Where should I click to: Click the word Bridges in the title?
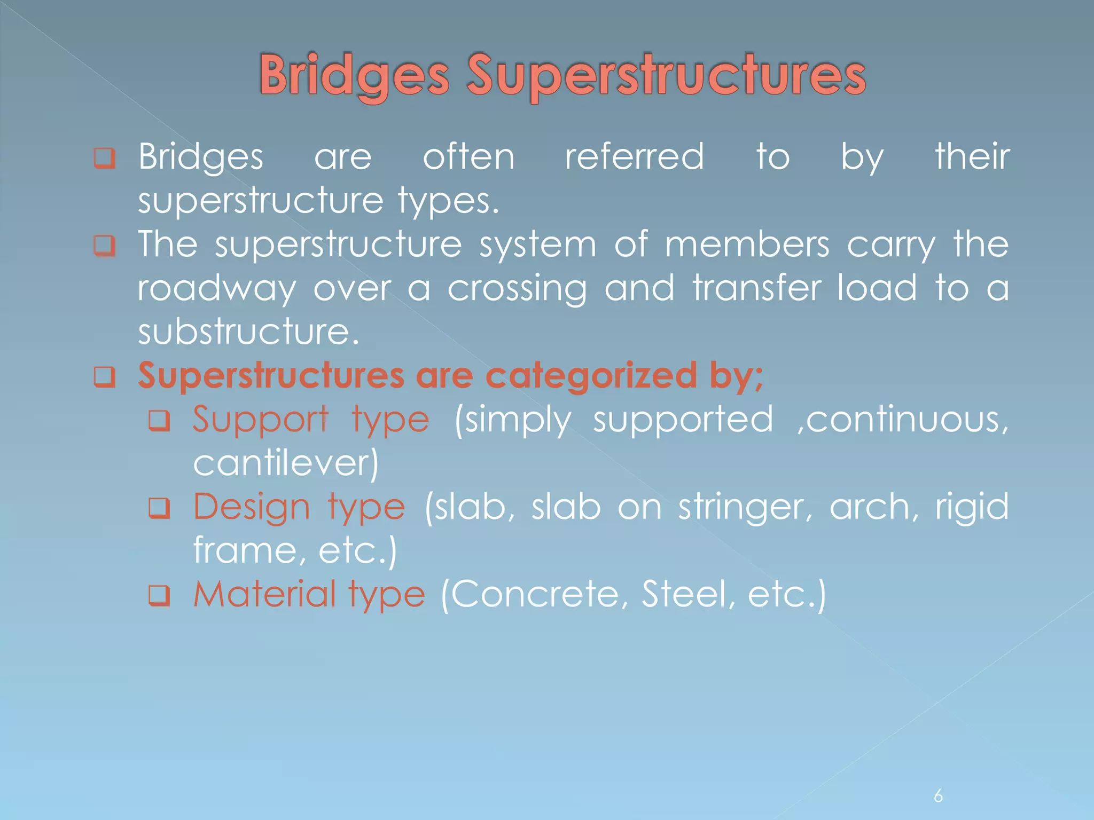coord(354,76)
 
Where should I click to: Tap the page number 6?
coord(938,795)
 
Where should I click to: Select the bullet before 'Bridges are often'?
coord(104,158)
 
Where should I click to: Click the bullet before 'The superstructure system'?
coord(104,246)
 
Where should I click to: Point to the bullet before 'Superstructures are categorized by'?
coord(104,377)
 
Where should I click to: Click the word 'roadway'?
coord(216,289)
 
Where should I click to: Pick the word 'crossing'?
coord(517,289)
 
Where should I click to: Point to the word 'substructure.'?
coord(248,332)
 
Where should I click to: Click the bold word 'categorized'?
coord(591,375)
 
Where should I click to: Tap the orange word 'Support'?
coord(260,420)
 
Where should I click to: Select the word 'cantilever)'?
coord(286,463)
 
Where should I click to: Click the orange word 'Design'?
coord(251,507)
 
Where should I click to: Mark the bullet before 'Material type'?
coord(159,595)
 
